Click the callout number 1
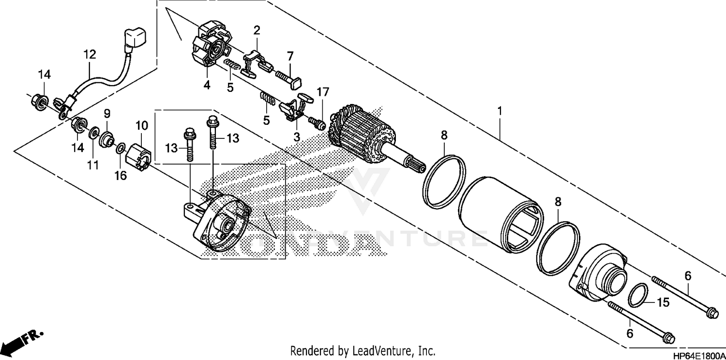(499, 111)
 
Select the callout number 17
(323, 91)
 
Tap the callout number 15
(663, 303)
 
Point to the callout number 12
(90, 54)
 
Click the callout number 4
(207, 86)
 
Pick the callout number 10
(141, 126)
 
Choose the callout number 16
(120, 176)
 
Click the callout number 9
(107, 114)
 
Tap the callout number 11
(93, 165)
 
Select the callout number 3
(297, 137)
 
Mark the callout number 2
(257, 30)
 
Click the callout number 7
(290, 56)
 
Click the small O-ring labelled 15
(638, 295)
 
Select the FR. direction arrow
(22, 341)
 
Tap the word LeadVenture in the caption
(375, 350)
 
